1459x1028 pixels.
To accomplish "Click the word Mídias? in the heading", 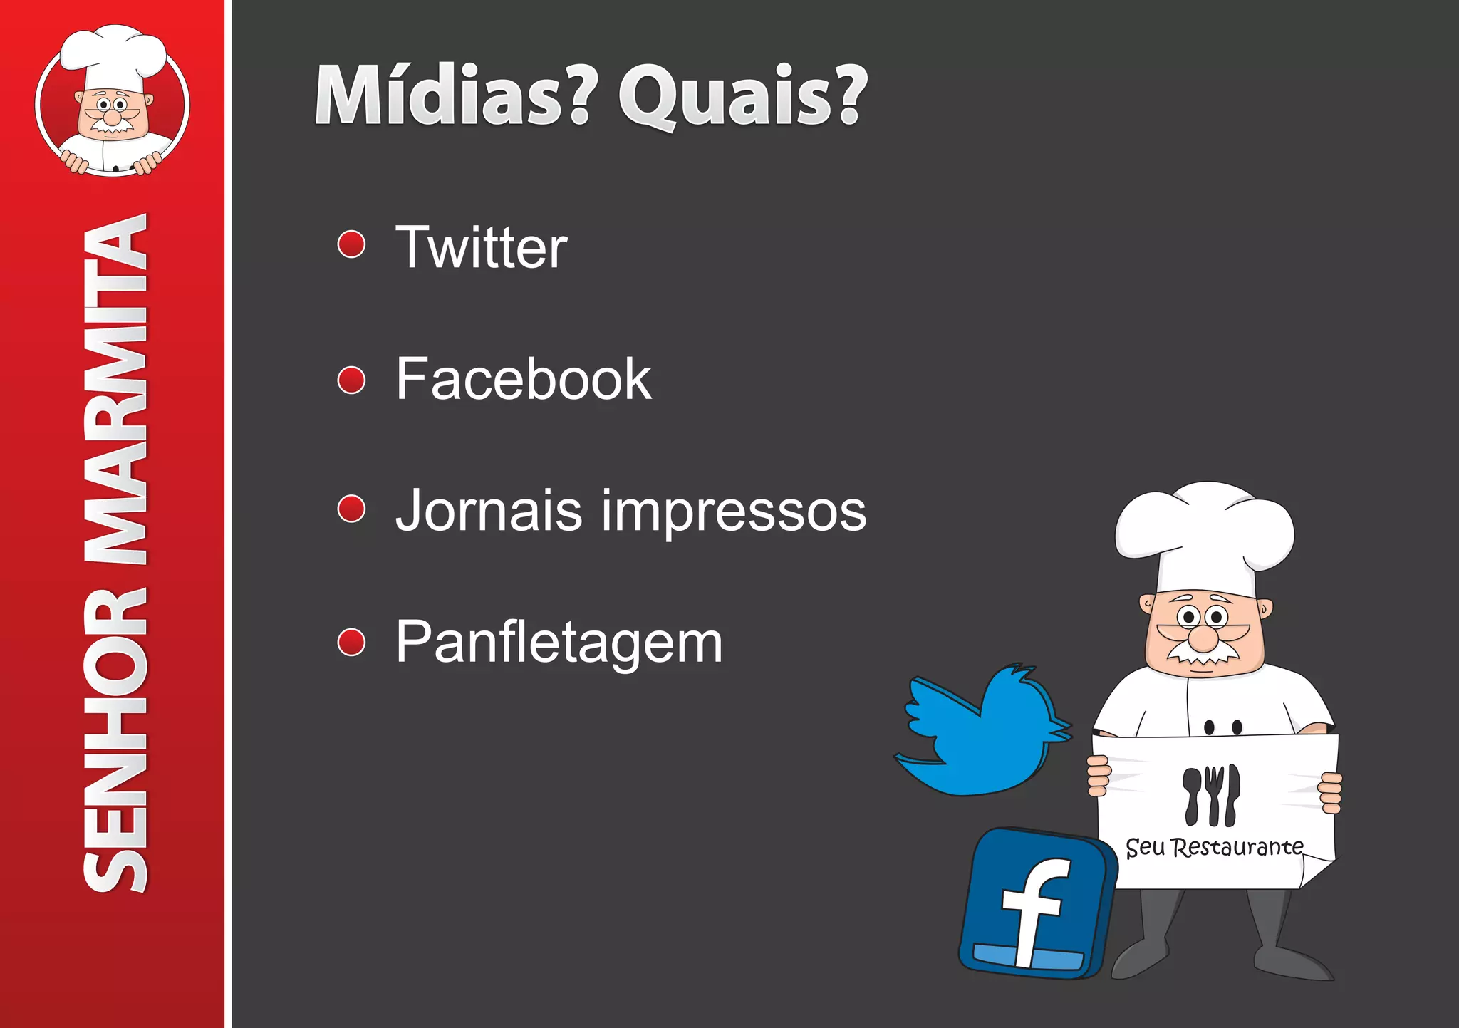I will (x=452, y=96).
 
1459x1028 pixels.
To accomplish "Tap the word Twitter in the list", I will (x=482, y=247).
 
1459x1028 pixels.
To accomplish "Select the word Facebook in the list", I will (x=524, y=379).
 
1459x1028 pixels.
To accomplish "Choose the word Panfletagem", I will (x=559, y=643).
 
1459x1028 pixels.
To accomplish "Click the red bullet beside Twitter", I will (x=351, y=244).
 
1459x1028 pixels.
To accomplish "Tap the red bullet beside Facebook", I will (x=351, y=380).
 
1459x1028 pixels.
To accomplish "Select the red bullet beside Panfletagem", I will (x=351, y=642).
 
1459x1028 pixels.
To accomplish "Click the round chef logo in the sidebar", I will (x=113, y=103).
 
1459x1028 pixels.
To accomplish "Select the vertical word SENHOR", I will (x=115, y=741).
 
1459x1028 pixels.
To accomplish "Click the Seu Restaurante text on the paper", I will (x=1214, y=848).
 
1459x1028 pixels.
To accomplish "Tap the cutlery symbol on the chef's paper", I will (x=1211, y=794).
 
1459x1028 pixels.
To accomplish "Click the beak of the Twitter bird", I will (x=1061, y=730).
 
